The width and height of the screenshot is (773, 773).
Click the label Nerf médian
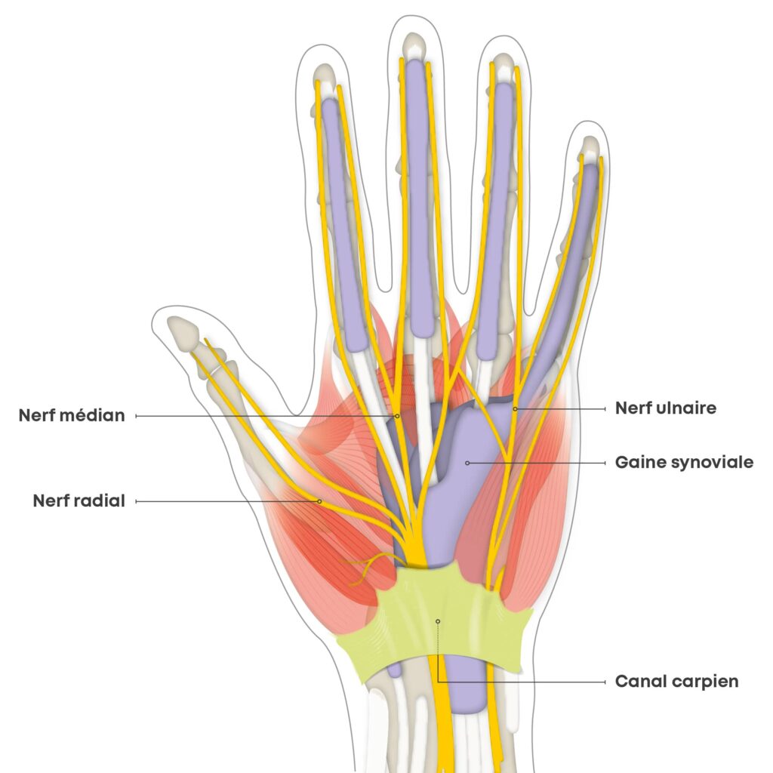coord(72,415)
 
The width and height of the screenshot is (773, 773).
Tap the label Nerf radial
coord(79,500)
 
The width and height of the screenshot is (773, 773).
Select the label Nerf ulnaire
coord(665,408)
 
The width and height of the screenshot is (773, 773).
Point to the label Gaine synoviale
coord(684,462)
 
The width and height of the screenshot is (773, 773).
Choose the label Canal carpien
coord(676,682)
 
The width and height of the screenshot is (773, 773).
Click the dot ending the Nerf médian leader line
coord(397,415)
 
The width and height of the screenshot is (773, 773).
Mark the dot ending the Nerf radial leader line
coord(319,500)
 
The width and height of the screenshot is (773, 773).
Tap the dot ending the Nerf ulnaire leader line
coord(515,408)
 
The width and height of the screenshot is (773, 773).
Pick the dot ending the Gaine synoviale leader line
coord(467,462)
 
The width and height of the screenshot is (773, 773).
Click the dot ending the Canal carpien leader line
coord(437,621)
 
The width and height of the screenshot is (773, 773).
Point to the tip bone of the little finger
coord(590,146)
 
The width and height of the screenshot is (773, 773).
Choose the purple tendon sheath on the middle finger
coord(419,196)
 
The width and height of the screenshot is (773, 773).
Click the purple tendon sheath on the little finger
coord(570,272)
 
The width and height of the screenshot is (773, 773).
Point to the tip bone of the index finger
coord(324,75)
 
